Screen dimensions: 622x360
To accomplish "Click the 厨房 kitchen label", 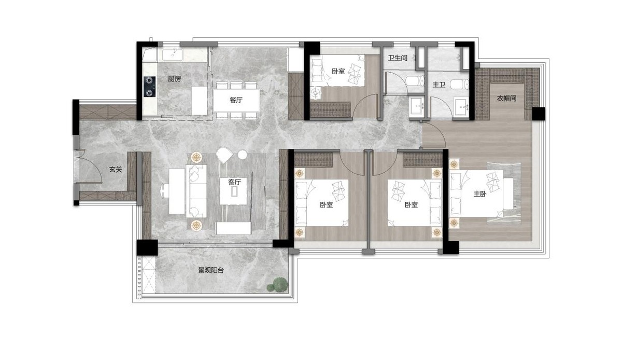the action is point(174,79).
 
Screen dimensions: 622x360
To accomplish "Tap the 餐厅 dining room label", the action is point(236,100).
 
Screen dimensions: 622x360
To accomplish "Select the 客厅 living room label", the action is point(234,183).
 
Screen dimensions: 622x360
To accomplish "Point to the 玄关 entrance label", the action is point(116,169).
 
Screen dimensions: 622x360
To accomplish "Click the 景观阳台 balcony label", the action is point(210,270).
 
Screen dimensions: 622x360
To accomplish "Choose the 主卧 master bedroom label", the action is point(480,194).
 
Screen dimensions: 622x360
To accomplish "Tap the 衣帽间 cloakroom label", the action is point(506,98).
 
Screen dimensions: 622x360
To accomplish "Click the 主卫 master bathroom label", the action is point(439,85).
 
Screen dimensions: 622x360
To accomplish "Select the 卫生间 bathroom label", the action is point(398,58).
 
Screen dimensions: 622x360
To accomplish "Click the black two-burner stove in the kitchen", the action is point(149,87).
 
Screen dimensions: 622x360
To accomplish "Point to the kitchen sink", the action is point(172,54).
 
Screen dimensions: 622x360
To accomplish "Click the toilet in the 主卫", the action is point(460,84).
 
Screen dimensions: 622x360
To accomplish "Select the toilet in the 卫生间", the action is point(415,80).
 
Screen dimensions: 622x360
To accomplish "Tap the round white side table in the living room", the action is point(243,155).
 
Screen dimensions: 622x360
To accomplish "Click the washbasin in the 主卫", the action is point(461,107).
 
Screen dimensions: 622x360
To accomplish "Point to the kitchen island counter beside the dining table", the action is point(200,101).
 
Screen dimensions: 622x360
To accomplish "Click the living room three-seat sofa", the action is point(196,191).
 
